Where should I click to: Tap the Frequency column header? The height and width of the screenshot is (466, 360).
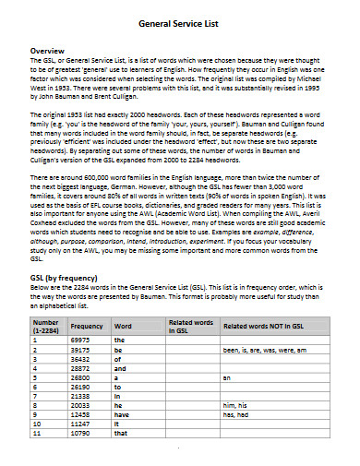[x=86, y=327]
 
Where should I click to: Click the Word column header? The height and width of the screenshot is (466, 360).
[x=122, y=327]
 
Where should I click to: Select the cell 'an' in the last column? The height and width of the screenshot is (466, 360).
[x=227, y=378]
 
